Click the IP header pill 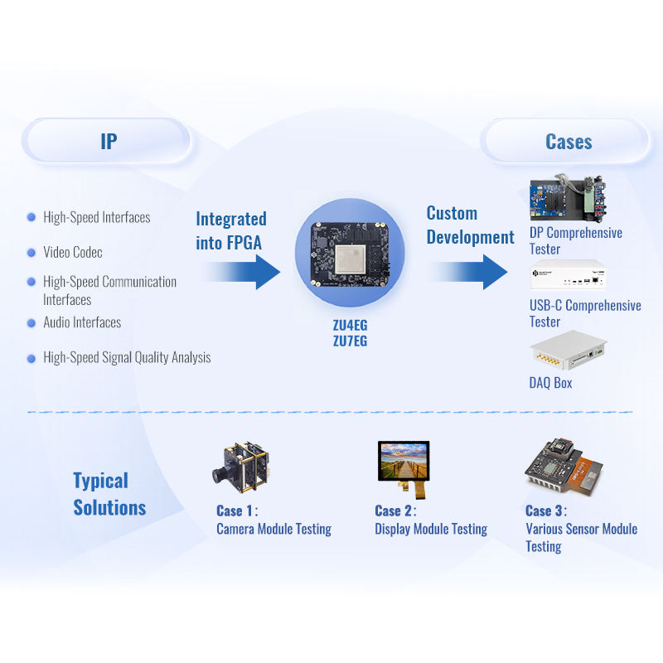tap(108, 141)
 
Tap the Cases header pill tap(568, 141)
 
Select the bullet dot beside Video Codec tap(31, 252)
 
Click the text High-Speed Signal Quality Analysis tap(127, 358)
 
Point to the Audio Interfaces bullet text tap(82, 322)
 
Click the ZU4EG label tap(349, 325)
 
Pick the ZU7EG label tap(349, 340)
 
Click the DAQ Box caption tap(550, 383)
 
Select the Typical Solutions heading tap(109, 494)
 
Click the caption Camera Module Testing tap(273, 529)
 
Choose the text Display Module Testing tap(430, 529)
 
